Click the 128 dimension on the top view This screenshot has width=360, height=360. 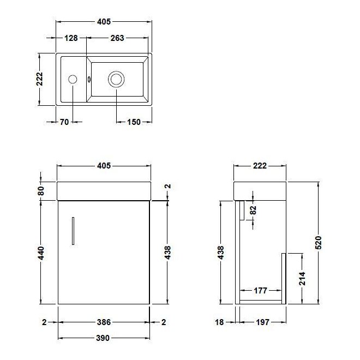[x=71, y=38]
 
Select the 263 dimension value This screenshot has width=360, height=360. [x=117, y=38]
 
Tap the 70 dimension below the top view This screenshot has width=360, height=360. [x=64, y=122]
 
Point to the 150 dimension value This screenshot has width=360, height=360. [x=135, y=122]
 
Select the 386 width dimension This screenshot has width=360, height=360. [x=104, y=322]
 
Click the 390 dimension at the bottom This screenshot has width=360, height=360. [x=104, y=338]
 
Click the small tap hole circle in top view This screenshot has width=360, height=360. [x=73, y=80]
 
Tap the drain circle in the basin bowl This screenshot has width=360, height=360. [x=116, y=80]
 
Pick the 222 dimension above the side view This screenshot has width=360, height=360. [x=260, y=166]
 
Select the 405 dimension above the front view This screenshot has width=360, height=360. [x=104, y=166]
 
